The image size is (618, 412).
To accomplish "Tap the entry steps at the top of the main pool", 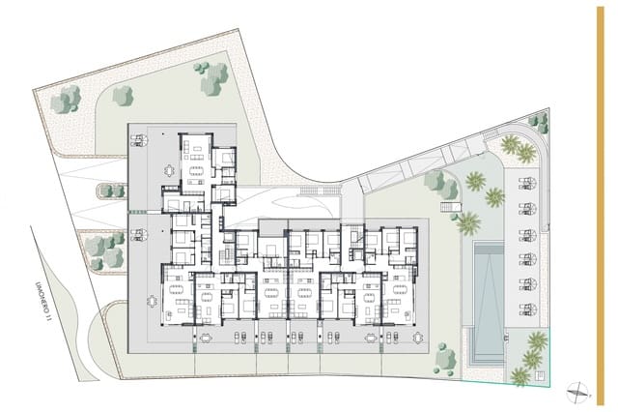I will click(x=486, y=244).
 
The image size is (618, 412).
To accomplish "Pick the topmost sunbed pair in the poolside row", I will click(x=527, y=183).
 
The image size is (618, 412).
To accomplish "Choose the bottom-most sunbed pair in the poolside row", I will click(x=527, y=309).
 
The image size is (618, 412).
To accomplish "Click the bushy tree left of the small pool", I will click(x=445, y=358).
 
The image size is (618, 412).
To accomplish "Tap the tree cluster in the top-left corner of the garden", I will click(x=66, y=99).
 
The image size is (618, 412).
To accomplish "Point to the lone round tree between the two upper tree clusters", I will click(x=123, y=95).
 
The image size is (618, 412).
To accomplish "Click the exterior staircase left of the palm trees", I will click(x=449, y=206).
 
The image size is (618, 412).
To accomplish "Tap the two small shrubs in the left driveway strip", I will click(x=113, y=191).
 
